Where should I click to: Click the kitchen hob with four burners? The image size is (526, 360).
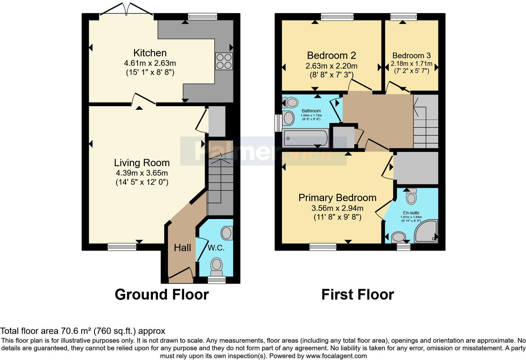coord(224,61)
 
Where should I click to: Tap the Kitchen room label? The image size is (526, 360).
coord(150,53)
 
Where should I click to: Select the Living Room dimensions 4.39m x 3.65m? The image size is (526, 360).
coord(142,173)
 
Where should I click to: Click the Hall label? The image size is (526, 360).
coord(182,248)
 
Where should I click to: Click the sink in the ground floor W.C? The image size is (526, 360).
coord(227,233)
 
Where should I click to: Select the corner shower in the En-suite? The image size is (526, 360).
coord(426,231)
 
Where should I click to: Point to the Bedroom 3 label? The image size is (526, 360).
coord(411,56)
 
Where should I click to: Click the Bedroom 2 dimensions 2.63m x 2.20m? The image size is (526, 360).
coord(331,66)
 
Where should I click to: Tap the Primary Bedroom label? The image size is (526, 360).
coord(337,198)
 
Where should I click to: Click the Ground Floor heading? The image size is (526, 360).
coord(162,295)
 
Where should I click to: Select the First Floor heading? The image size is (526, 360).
coord(357,295)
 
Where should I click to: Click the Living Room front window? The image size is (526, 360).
coord(122,247)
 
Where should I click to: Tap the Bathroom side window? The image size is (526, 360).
coord(278,123)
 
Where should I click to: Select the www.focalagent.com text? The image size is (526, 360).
coord(336,356)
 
